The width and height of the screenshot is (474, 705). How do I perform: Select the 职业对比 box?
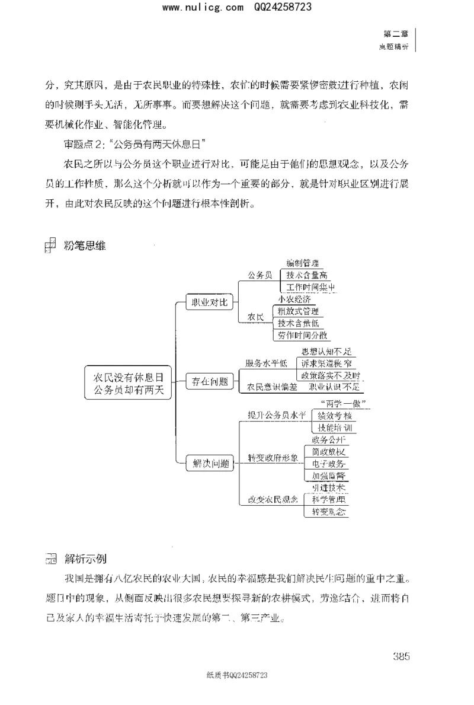click(206, 302)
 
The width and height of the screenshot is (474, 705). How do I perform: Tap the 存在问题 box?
click(206, 381)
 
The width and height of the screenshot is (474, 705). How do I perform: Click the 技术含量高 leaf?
click(307, 275)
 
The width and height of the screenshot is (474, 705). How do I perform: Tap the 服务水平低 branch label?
click(266, 363)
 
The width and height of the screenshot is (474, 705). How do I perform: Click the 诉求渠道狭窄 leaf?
click(329, 363)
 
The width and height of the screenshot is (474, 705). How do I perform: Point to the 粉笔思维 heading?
click(85, 245)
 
